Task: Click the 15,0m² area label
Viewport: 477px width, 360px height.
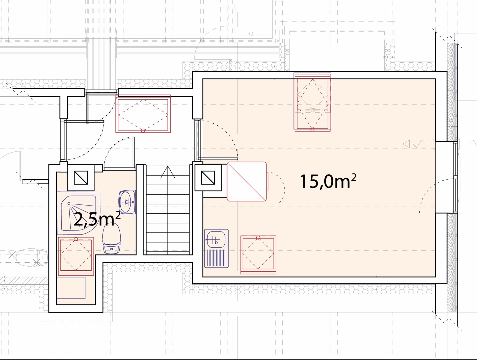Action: coord(328,181)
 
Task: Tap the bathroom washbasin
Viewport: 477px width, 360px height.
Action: coord(127,202)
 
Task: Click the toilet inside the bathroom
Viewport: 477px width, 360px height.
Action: coord(111,239)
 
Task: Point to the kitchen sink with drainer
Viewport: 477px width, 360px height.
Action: coord(216,248)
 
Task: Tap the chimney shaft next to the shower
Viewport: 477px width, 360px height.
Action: coord(81,177)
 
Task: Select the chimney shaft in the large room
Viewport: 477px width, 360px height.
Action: coord(208,177)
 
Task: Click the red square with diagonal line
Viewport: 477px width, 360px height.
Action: coord(247,182)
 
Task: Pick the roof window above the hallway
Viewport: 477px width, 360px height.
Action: coord(143,114)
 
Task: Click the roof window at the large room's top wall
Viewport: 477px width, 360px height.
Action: coord(312,102)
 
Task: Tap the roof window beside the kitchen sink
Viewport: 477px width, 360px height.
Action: coord(258,255)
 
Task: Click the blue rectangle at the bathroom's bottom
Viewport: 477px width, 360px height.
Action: coord(71,288)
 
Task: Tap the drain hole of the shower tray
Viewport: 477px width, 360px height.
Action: coord(69,203)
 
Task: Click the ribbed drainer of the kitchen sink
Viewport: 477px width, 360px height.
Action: coord(216,258)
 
